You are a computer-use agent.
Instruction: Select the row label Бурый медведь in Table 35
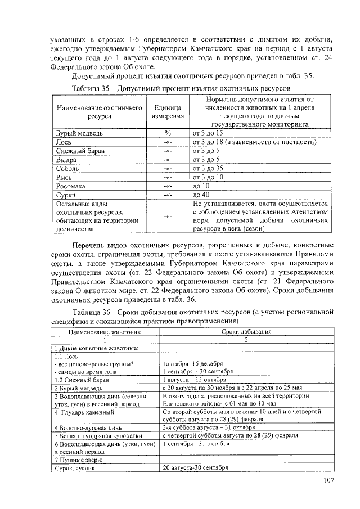[78, 133]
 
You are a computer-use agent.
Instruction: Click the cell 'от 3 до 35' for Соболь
[208, 168]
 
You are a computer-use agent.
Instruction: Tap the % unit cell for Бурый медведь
[167, 133]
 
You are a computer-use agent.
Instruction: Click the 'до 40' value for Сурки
[201, 195]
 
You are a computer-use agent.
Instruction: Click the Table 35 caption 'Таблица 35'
[93, 89]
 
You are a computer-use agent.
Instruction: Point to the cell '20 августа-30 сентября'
[195, 468]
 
